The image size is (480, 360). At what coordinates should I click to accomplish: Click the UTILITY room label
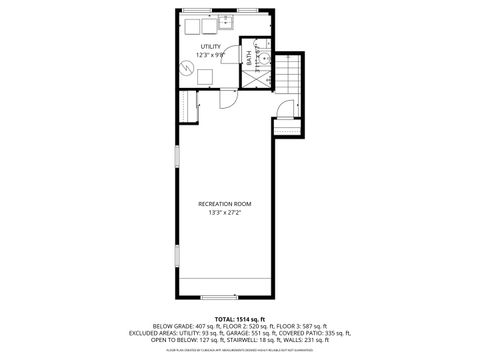(210, 46)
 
